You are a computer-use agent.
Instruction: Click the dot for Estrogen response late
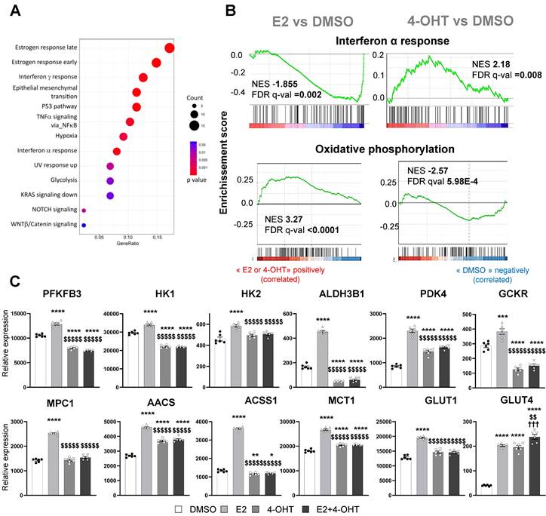[169, 49]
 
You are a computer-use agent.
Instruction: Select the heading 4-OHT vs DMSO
[440, 20]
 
